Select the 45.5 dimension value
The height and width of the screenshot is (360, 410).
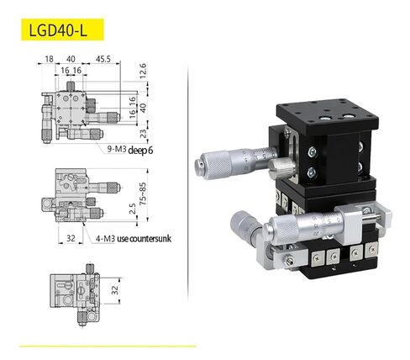point(103,60)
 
